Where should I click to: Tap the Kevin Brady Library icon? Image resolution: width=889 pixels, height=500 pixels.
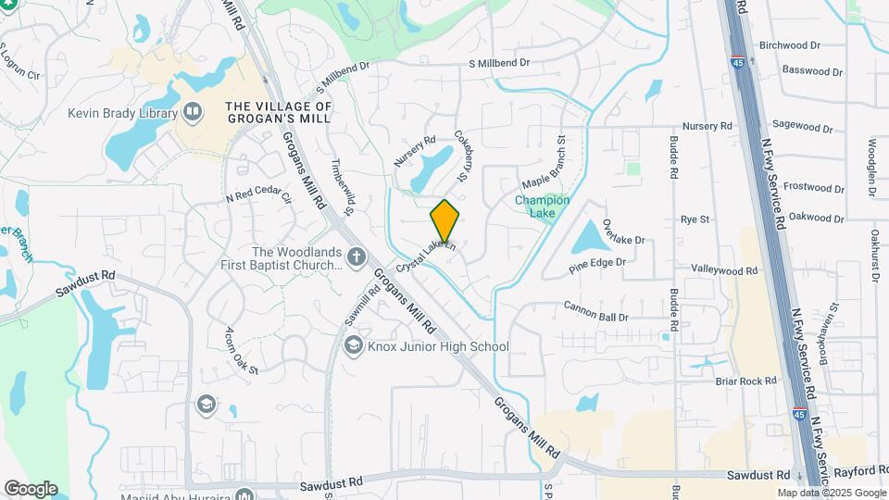193,113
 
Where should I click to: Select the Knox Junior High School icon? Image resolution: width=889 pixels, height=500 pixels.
352,347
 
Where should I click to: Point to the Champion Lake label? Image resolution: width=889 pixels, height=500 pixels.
542,206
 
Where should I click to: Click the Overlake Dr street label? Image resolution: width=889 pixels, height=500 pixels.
622,232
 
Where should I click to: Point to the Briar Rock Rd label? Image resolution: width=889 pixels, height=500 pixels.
744,381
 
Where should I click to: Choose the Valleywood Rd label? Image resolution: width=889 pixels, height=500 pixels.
724,270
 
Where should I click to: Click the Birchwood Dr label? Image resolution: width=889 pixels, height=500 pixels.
789,44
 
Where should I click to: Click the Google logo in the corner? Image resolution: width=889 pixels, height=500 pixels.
31,488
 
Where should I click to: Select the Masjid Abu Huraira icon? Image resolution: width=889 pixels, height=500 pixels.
244,494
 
